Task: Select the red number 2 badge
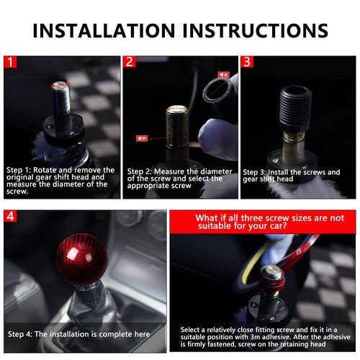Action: point(130,62)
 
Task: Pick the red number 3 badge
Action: point(247,62)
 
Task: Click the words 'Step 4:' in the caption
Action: point(22,334)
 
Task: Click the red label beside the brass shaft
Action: point(142,137)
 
